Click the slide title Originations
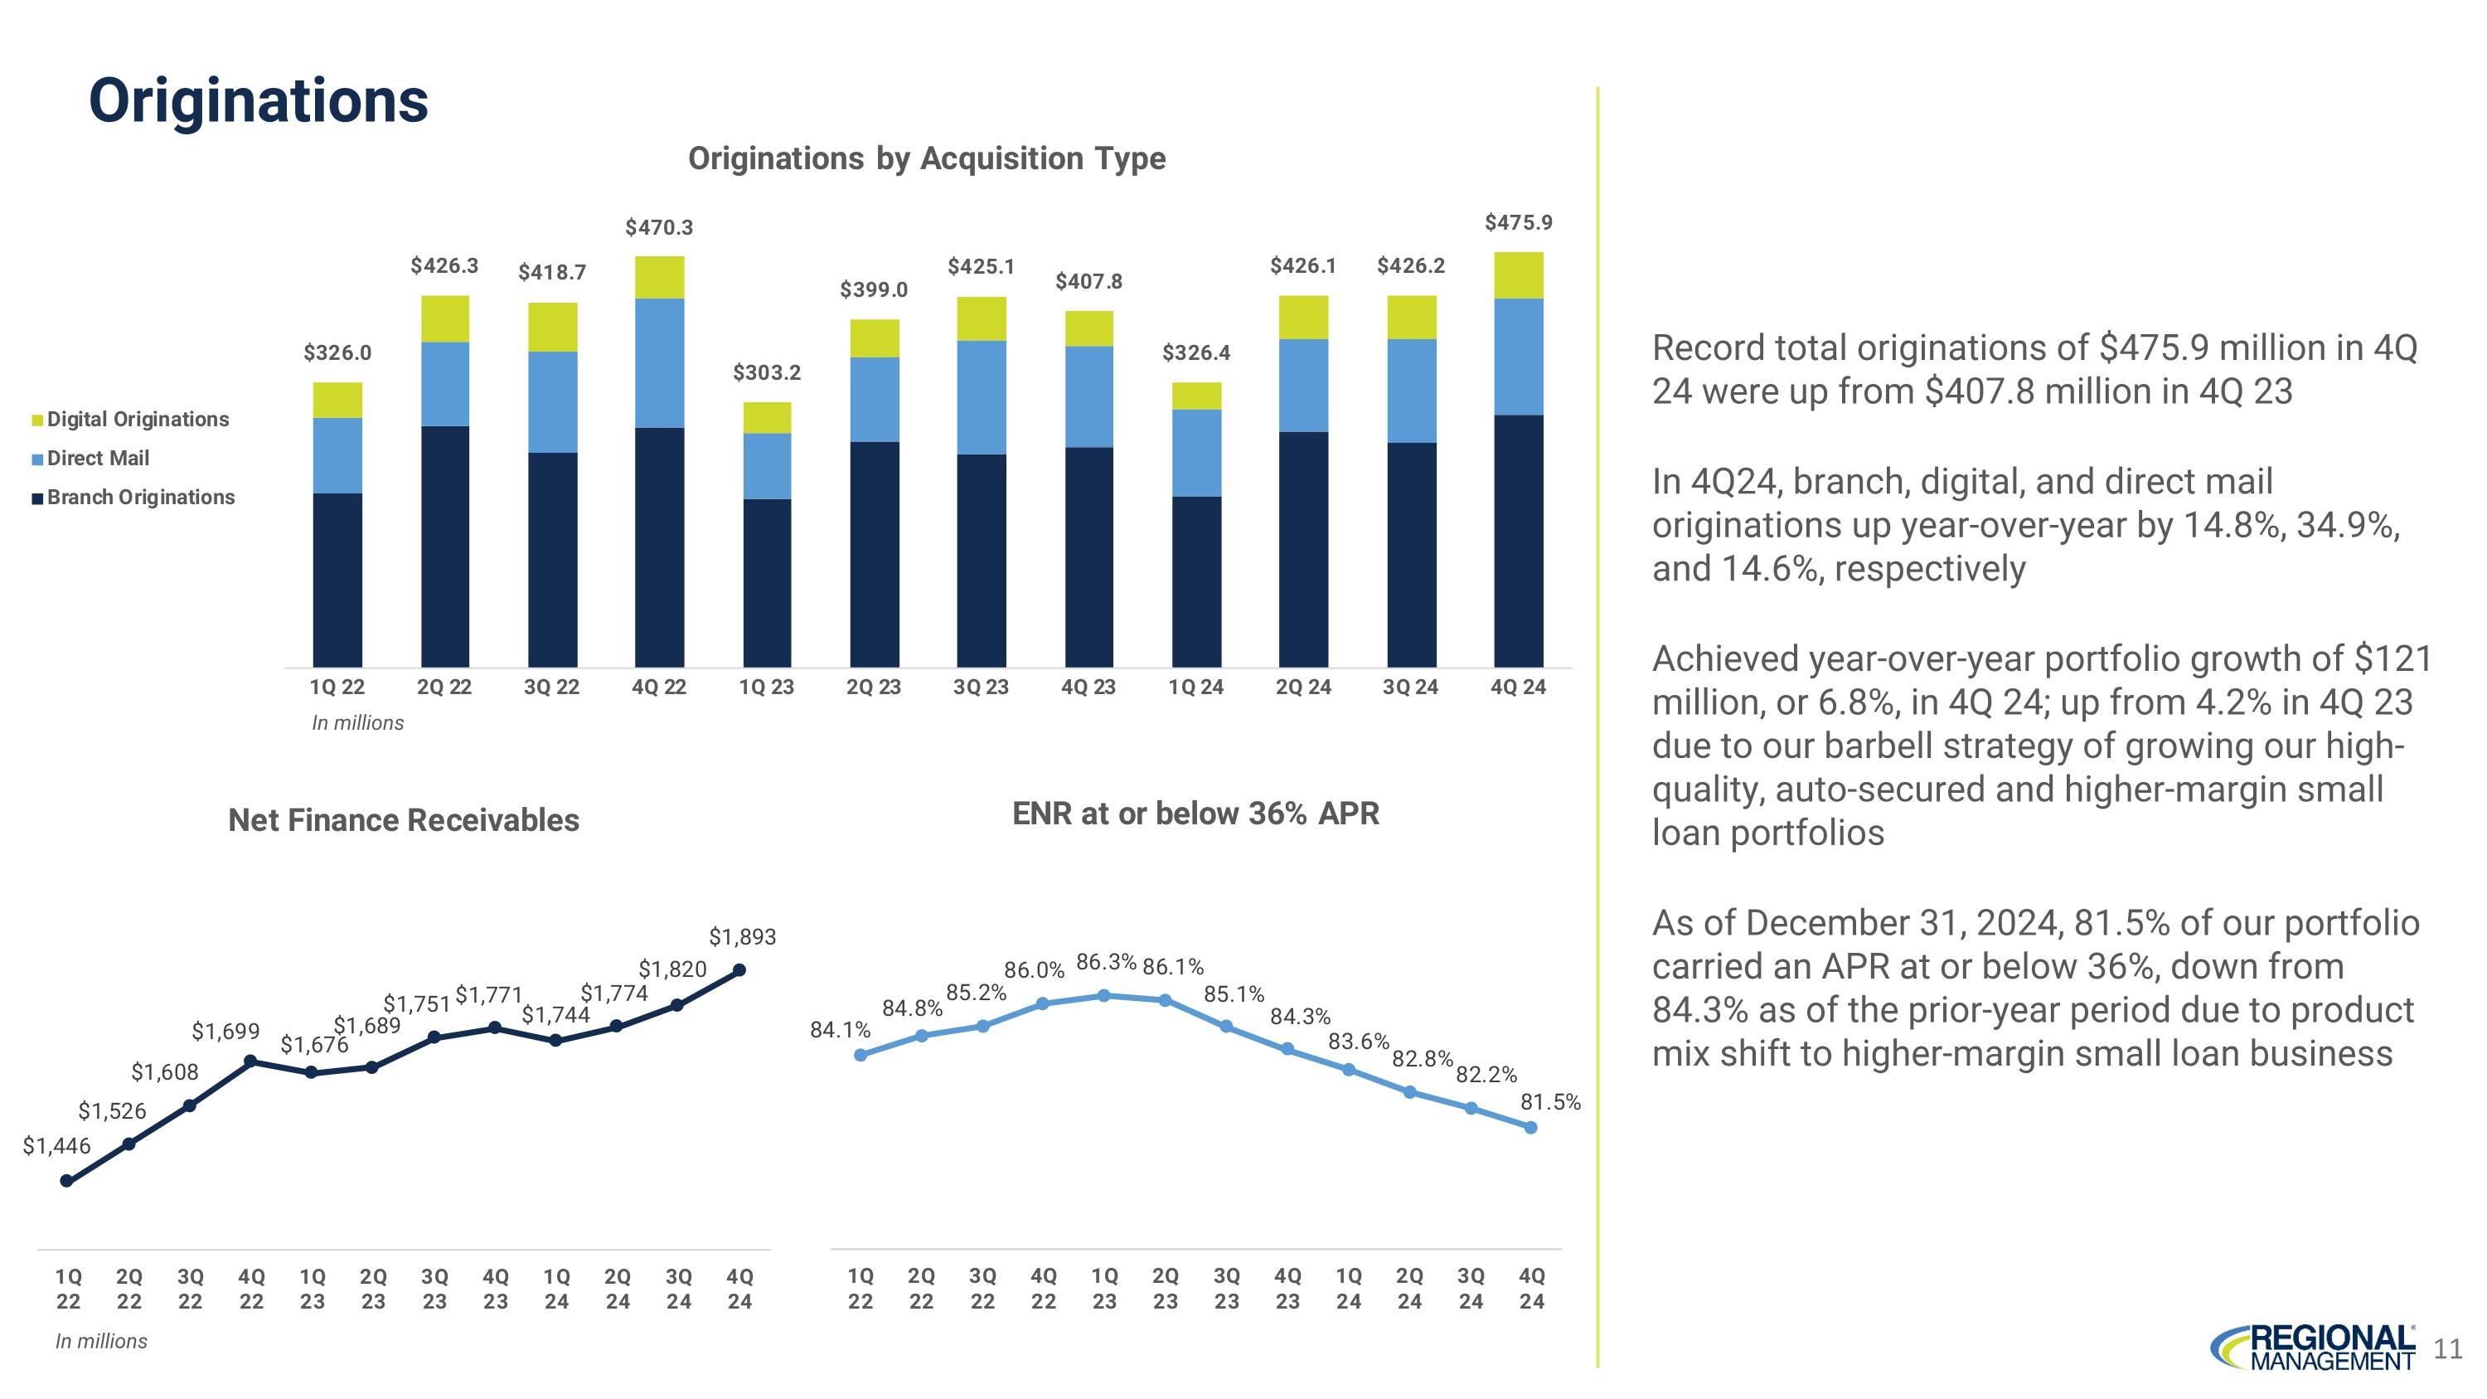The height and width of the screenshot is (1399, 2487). [x=258, y=100]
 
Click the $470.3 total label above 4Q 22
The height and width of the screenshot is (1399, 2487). [x=658, y=228]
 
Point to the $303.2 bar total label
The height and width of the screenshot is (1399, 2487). [x=767, y=372]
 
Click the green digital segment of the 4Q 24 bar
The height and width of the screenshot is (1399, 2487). [x=1518, y=275]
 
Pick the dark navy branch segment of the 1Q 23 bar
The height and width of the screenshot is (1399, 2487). [x=767, y=582]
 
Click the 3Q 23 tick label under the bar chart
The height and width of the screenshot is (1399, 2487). [x=980, y=687]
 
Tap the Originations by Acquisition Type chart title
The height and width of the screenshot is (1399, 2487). [x=926, y=158]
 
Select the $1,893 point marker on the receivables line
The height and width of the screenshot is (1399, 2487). [x=739, y=970]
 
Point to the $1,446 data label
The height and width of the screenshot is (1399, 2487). [x=56, y=1146]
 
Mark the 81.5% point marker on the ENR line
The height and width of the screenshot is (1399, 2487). [x=1530, y=1127]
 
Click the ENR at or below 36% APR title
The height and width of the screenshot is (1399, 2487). [x=1195, y=814]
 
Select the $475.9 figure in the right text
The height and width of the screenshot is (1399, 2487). [x=2154, y=347]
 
